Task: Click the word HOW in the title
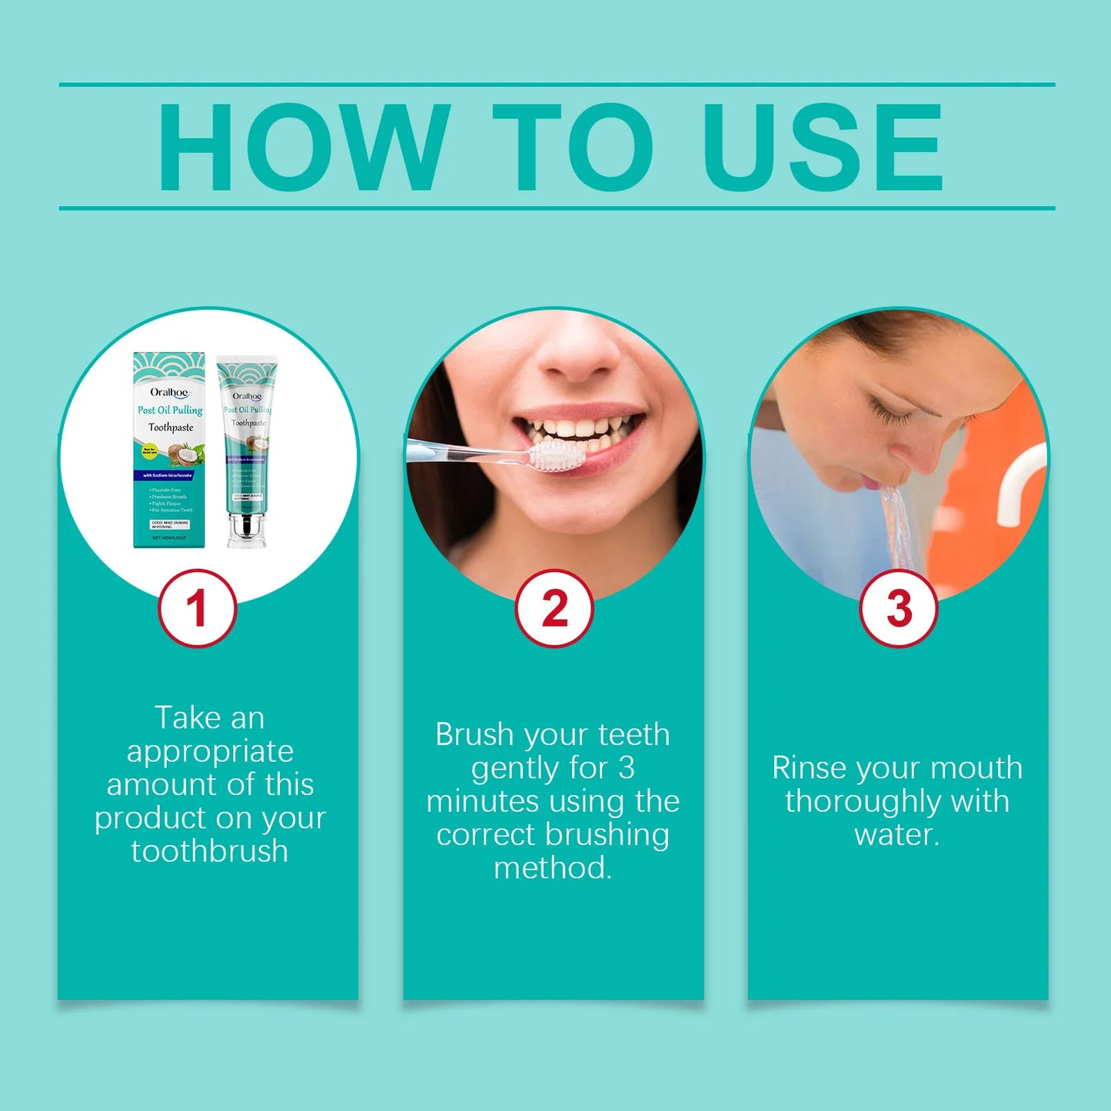coord(304,147)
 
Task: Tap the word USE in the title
coord(822,147)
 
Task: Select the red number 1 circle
coord(197,608)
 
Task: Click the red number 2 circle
coord(554,608)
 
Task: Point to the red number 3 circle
coord(898,608)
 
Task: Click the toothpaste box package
coord(170,450)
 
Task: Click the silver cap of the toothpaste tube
coord(246,530)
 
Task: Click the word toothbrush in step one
coord(209,852)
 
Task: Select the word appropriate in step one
coord(209,751)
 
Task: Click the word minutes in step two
coord(482,801)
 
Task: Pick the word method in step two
coord(552,868)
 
